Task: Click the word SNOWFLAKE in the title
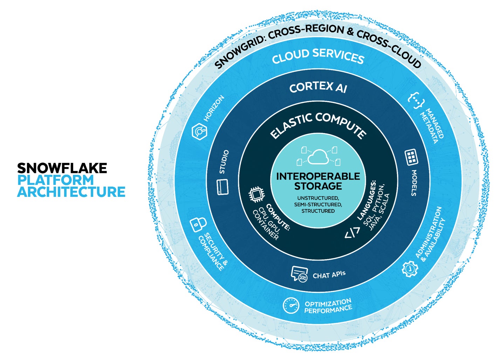click(62, 168)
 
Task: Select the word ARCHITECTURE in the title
click(71, 192)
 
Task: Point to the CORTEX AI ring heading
click(318, 87)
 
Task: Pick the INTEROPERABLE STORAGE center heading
click(318, 181)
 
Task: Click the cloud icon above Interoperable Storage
click(318, 157)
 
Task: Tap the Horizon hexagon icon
click(199, 132)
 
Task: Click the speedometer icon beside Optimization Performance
click(291, 305)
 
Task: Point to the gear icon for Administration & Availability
click(409, 269)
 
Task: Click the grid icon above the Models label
click(412, 157)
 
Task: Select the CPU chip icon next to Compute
click(256, 195)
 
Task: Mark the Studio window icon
click(223, 187)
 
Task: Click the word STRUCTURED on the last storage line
click(318, 211)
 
